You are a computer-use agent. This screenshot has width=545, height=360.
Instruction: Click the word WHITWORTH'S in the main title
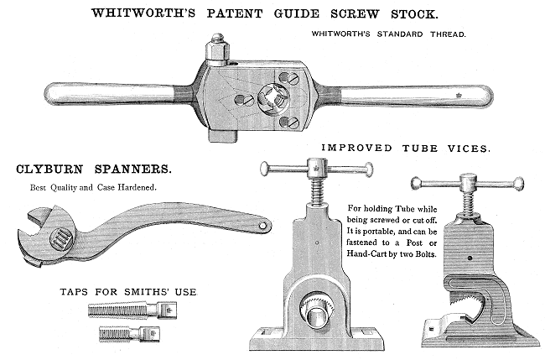(x=143, y=13)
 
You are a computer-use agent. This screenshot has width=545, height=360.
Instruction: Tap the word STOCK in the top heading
(x=414, y=14)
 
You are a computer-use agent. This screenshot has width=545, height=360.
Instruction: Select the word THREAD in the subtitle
(x=448, y=34)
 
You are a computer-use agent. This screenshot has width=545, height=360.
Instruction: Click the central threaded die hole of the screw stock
(x=274, y=99)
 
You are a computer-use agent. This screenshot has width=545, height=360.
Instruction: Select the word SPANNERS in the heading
(x=133, y=170)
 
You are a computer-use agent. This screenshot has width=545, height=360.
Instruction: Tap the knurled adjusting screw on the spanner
(x=61, y=239)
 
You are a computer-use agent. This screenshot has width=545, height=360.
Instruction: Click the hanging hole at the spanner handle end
(x=262, y=226)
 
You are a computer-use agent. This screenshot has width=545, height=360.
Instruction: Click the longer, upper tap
(x=132, y=310)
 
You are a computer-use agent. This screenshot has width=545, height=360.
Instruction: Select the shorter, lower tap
(x=129, y=334)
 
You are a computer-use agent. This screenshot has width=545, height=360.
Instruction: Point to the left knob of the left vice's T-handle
(x=266, y=169)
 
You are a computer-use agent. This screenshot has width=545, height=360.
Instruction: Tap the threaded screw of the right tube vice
(x=469, y=203)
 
